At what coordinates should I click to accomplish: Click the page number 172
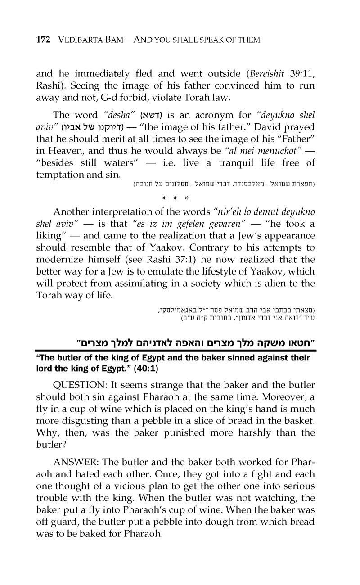click(x=43, y=40)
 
